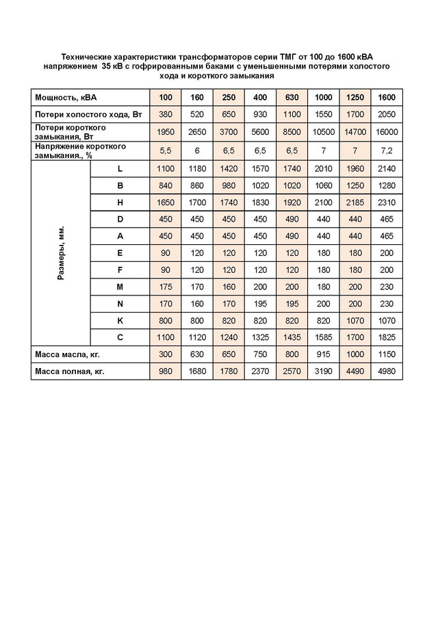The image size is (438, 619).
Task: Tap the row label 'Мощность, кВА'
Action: click(x=61, y=98)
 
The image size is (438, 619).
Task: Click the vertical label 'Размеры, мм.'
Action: click(x=61, y=252)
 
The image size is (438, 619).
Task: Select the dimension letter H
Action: click(x=120, y=202)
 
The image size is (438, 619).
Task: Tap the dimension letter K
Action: click(x=120, y=320)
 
